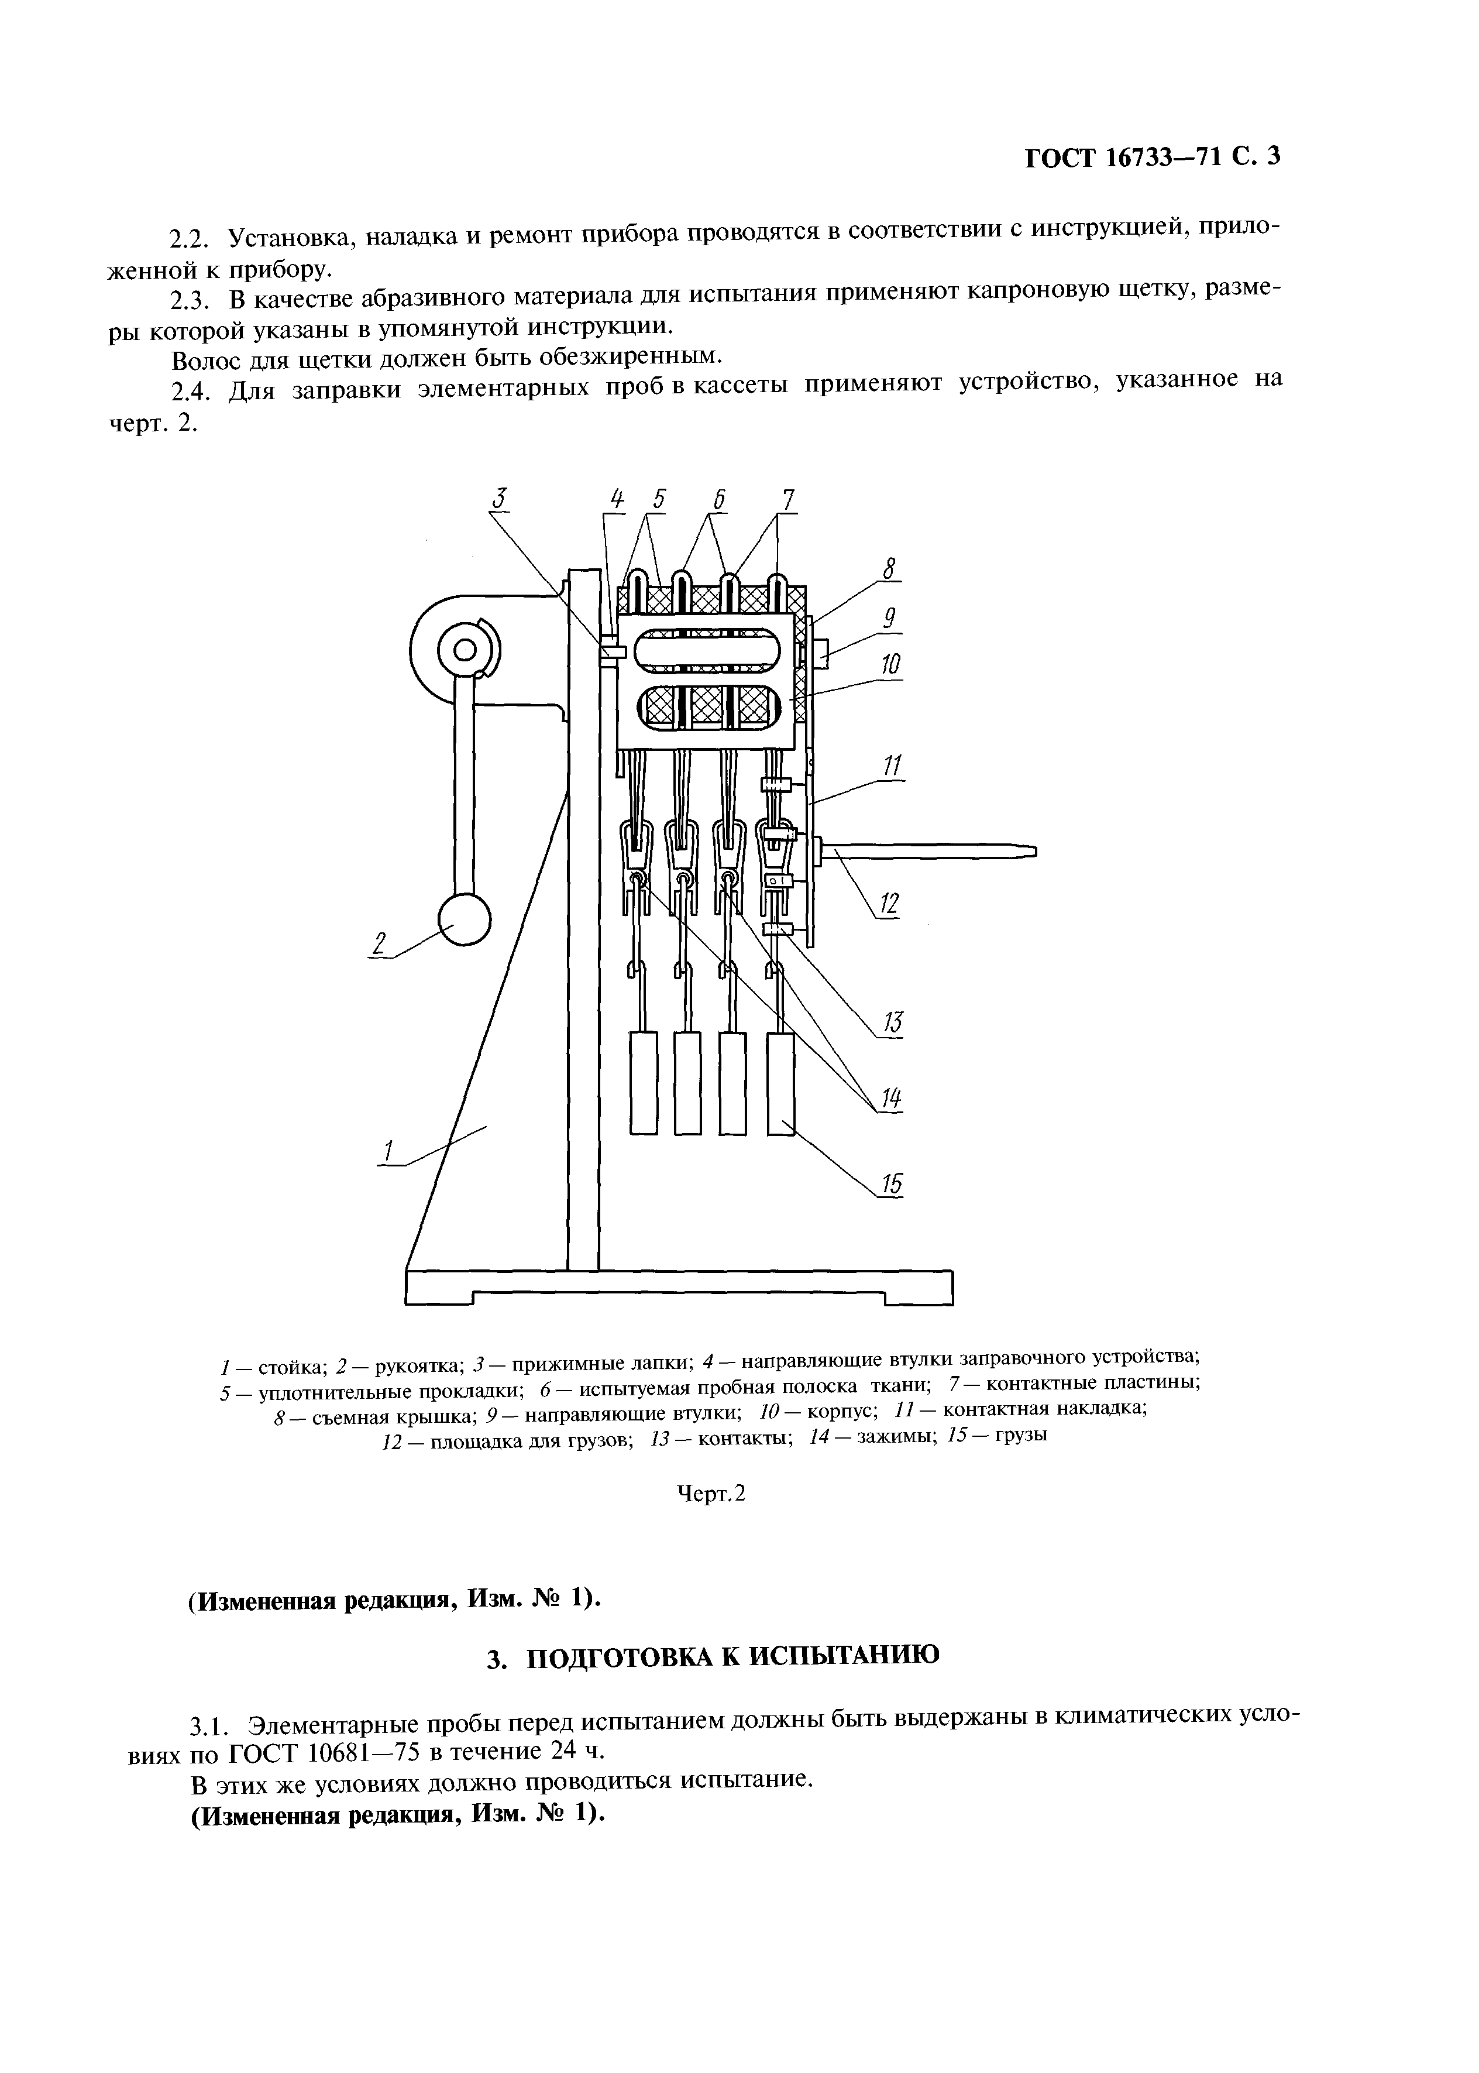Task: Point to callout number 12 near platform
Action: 888,904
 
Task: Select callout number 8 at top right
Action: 890,569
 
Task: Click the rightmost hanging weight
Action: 780,1083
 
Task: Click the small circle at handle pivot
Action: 465,650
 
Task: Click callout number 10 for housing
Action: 890,665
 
